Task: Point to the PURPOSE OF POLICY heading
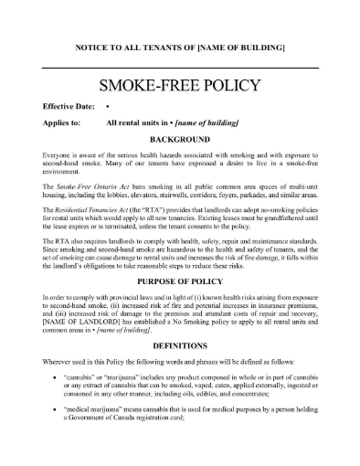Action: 179,282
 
